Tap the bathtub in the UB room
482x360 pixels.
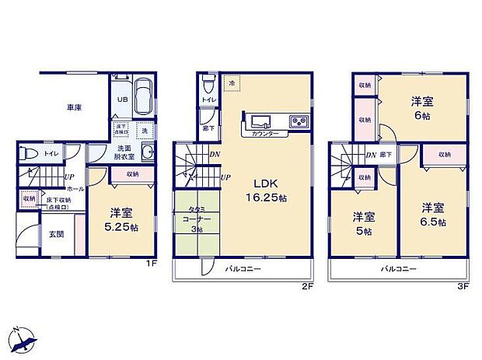(x=145, y=100)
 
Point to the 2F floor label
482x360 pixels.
(x=307, y=285)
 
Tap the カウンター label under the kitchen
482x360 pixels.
(x=266, y=134)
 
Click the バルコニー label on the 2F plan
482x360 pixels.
(x=243, y=269)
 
